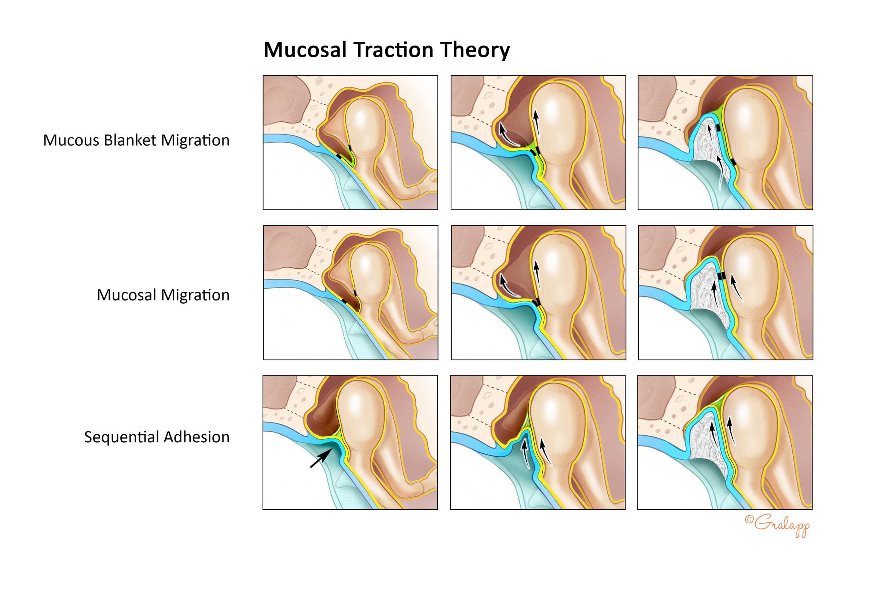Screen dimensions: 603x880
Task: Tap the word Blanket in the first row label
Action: click(x=130, y=140)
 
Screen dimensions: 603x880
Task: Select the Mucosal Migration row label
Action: click(x=163, y=295)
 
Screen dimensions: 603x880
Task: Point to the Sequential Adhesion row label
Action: click(x=157, y=437)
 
